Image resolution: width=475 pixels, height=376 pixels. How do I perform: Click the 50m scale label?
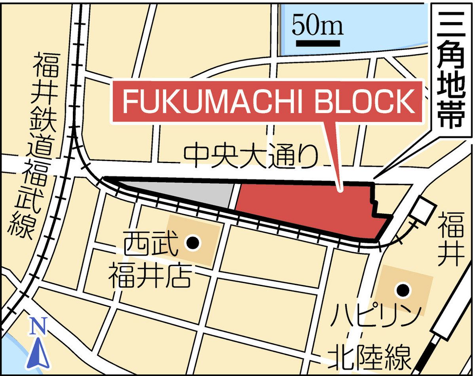coord(318,26)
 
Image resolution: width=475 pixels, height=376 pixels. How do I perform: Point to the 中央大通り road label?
coord(251,156)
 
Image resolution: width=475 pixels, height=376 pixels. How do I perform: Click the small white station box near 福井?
coord(424,210)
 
